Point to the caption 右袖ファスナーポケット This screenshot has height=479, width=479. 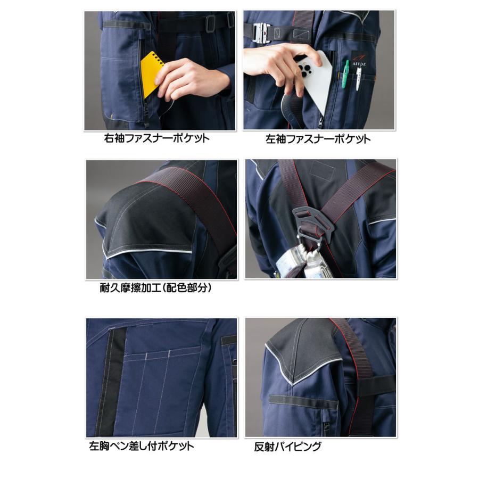[x=157, y=138]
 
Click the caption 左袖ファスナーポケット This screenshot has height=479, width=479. [x=318, y=139]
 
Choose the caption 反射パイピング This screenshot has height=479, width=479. [x=288, y=447]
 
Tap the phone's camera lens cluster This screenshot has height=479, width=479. [x=307, y=71]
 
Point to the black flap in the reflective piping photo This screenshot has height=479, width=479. [x=303, y=400]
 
